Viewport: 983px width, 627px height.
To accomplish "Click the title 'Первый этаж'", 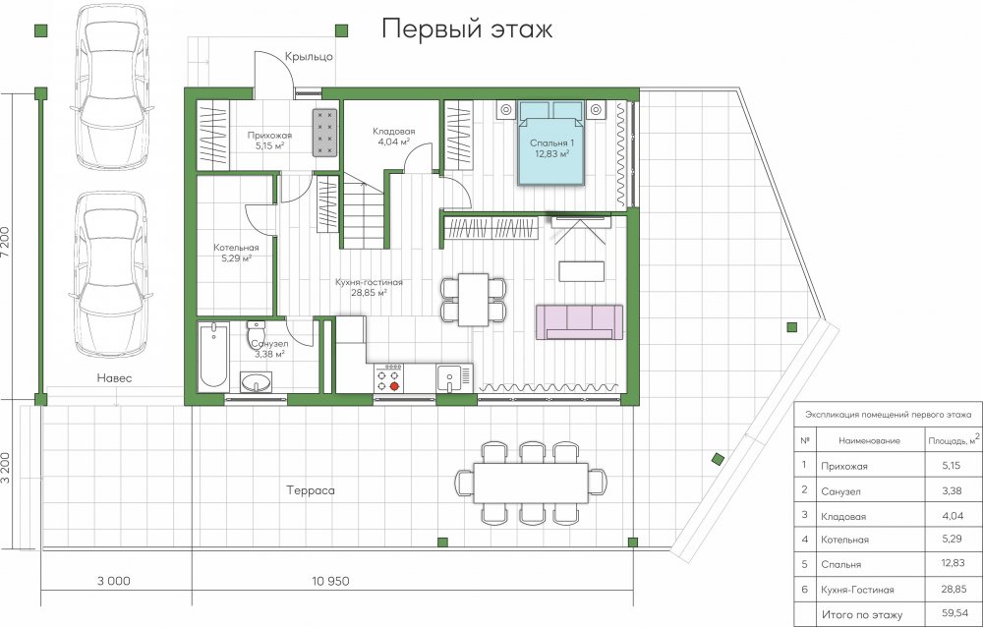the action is [467, 29].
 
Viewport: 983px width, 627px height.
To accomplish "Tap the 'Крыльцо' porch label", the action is [309, 56].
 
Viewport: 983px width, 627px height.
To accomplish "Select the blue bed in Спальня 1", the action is [551, 142].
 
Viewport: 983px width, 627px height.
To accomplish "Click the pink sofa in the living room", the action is [579, 322].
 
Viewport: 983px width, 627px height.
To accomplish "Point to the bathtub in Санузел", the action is [213, 356].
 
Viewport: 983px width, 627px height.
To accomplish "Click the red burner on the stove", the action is [394, 386].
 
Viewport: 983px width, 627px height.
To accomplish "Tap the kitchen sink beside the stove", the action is [449, 376].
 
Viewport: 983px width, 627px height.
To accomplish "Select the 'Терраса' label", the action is [311, 490].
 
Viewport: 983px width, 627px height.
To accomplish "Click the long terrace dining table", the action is [531, 483].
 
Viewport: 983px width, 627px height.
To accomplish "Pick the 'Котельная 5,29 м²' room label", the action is [236, 252].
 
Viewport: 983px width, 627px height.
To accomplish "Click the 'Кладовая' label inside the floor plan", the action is [394, 131].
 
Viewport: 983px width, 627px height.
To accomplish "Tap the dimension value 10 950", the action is [330, 581].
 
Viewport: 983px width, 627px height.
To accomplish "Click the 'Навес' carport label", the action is [114, 378].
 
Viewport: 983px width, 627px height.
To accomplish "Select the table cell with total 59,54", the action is [954, 612].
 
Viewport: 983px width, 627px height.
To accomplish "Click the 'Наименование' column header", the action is [869, 441].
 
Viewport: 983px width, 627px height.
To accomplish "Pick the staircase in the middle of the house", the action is [363, 212].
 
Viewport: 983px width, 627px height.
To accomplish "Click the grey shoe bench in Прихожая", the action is [324, 132].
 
